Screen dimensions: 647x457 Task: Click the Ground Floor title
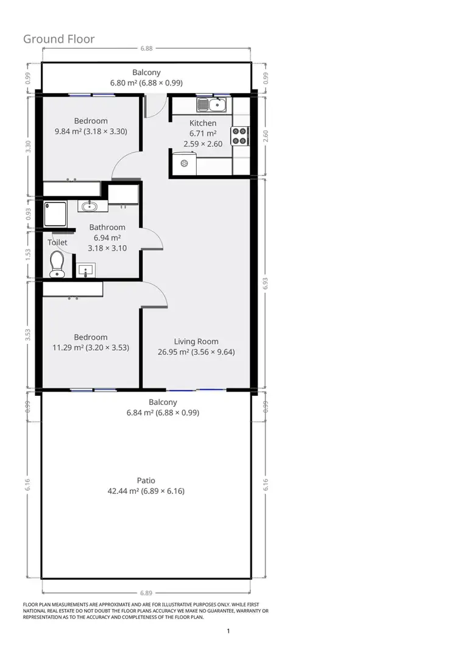(59, 39)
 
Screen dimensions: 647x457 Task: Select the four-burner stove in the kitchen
(239, 135)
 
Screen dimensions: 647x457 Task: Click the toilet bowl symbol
(57, 264)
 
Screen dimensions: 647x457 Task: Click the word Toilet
(58, 242)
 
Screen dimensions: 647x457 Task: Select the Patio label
(146, 481)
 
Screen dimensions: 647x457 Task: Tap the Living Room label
(196, 341)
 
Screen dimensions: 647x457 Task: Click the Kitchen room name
(203, 123)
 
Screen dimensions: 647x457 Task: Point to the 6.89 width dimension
(146, 592)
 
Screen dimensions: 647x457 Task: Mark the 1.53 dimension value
(28, 255)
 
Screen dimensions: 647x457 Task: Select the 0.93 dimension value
(28, 214)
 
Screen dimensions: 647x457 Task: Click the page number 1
(228, 631)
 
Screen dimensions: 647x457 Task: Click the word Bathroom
(107, 227)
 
